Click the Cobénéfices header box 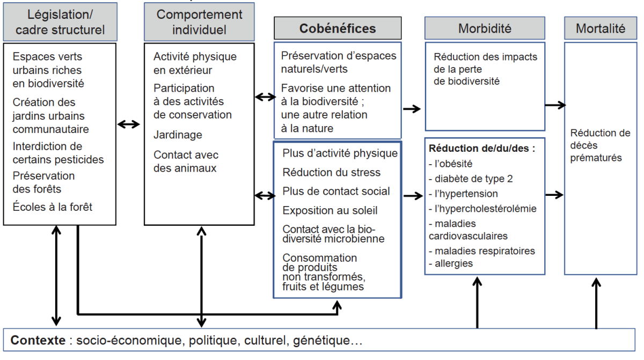pos(338,28)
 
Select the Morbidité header pos(485,28)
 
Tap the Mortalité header pos(601,28)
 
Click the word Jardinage pos(178,135)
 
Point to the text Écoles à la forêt pos(53,207)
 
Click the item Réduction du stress pos(331,172)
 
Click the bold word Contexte pos(38,340)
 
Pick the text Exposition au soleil pos(330,211)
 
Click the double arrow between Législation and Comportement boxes pos(128,124)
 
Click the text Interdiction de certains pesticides pos(58,153)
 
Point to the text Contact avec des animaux pos(186,161)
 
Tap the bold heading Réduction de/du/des pos(482,148)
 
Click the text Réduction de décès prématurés pos(600,145)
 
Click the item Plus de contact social pos(336,192)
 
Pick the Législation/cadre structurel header pos(60,22)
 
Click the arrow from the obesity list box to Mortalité pos(554,195)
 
